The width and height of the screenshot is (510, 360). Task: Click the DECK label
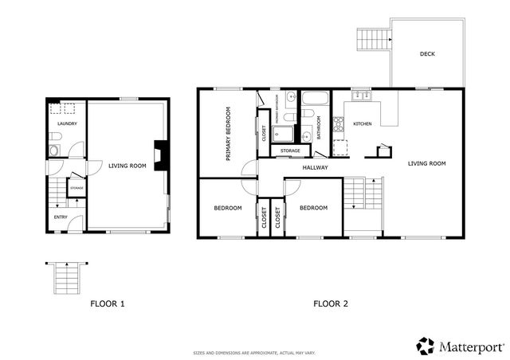pyautogui.click(x=427, y=54)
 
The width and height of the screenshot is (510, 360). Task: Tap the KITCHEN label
pyautogui.click(x=363, y=123)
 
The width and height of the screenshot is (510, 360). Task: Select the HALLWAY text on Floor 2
pyautogui.click(x=316, y=167)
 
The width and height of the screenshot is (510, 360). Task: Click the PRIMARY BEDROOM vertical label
pyautogui.click(x=228, y=134)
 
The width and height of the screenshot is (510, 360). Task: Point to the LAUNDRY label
pyautogui.click(x=66, y=123)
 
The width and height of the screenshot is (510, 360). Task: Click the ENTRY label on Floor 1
pyautogui.click(x=61, y=217)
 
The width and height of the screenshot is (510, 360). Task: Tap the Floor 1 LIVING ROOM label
pyautogui.click(x=127, y=166)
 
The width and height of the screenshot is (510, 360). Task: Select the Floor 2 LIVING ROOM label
pyautogui.click(x=426, y=163)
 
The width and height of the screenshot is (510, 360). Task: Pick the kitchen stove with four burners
pyautogui.click(x=338, y=123)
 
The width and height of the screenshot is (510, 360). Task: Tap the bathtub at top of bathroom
pyautogui.click(x=312, y=100)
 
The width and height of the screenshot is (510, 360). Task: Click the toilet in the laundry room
pyautogui.click(x=53, y=150)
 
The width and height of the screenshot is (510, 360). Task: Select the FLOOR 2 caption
pyautogui.click(x=330, y=303)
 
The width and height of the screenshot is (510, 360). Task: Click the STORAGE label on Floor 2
pyautogui.click(x=290, y=150)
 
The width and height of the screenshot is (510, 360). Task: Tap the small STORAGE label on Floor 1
pyautogui.click(x=76, y=188)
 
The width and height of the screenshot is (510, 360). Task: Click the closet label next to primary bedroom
pyautogui.click(x=264, y=133)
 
